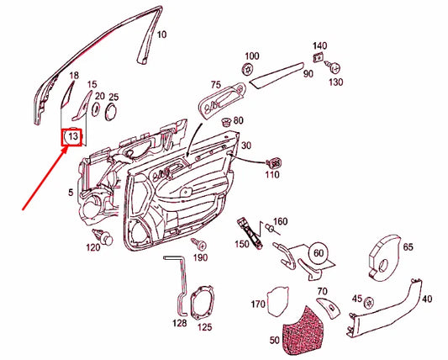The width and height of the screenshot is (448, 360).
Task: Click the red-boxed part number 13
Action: point(73,135)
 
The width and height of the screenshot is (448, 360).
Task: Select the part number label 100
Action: point(251,54)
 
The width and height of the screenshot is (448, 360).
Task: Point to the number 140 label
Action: point(319,45)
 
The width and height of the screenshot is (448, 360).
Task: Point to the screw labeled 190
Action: point(198,244)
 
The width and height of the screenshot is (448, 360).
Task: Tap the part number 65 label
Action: point(408,248)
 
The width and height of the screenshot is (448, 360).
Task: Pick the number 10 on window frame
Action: point(162,35)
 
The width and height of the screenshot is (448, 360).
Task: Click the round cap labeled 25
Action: point(113,111)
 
